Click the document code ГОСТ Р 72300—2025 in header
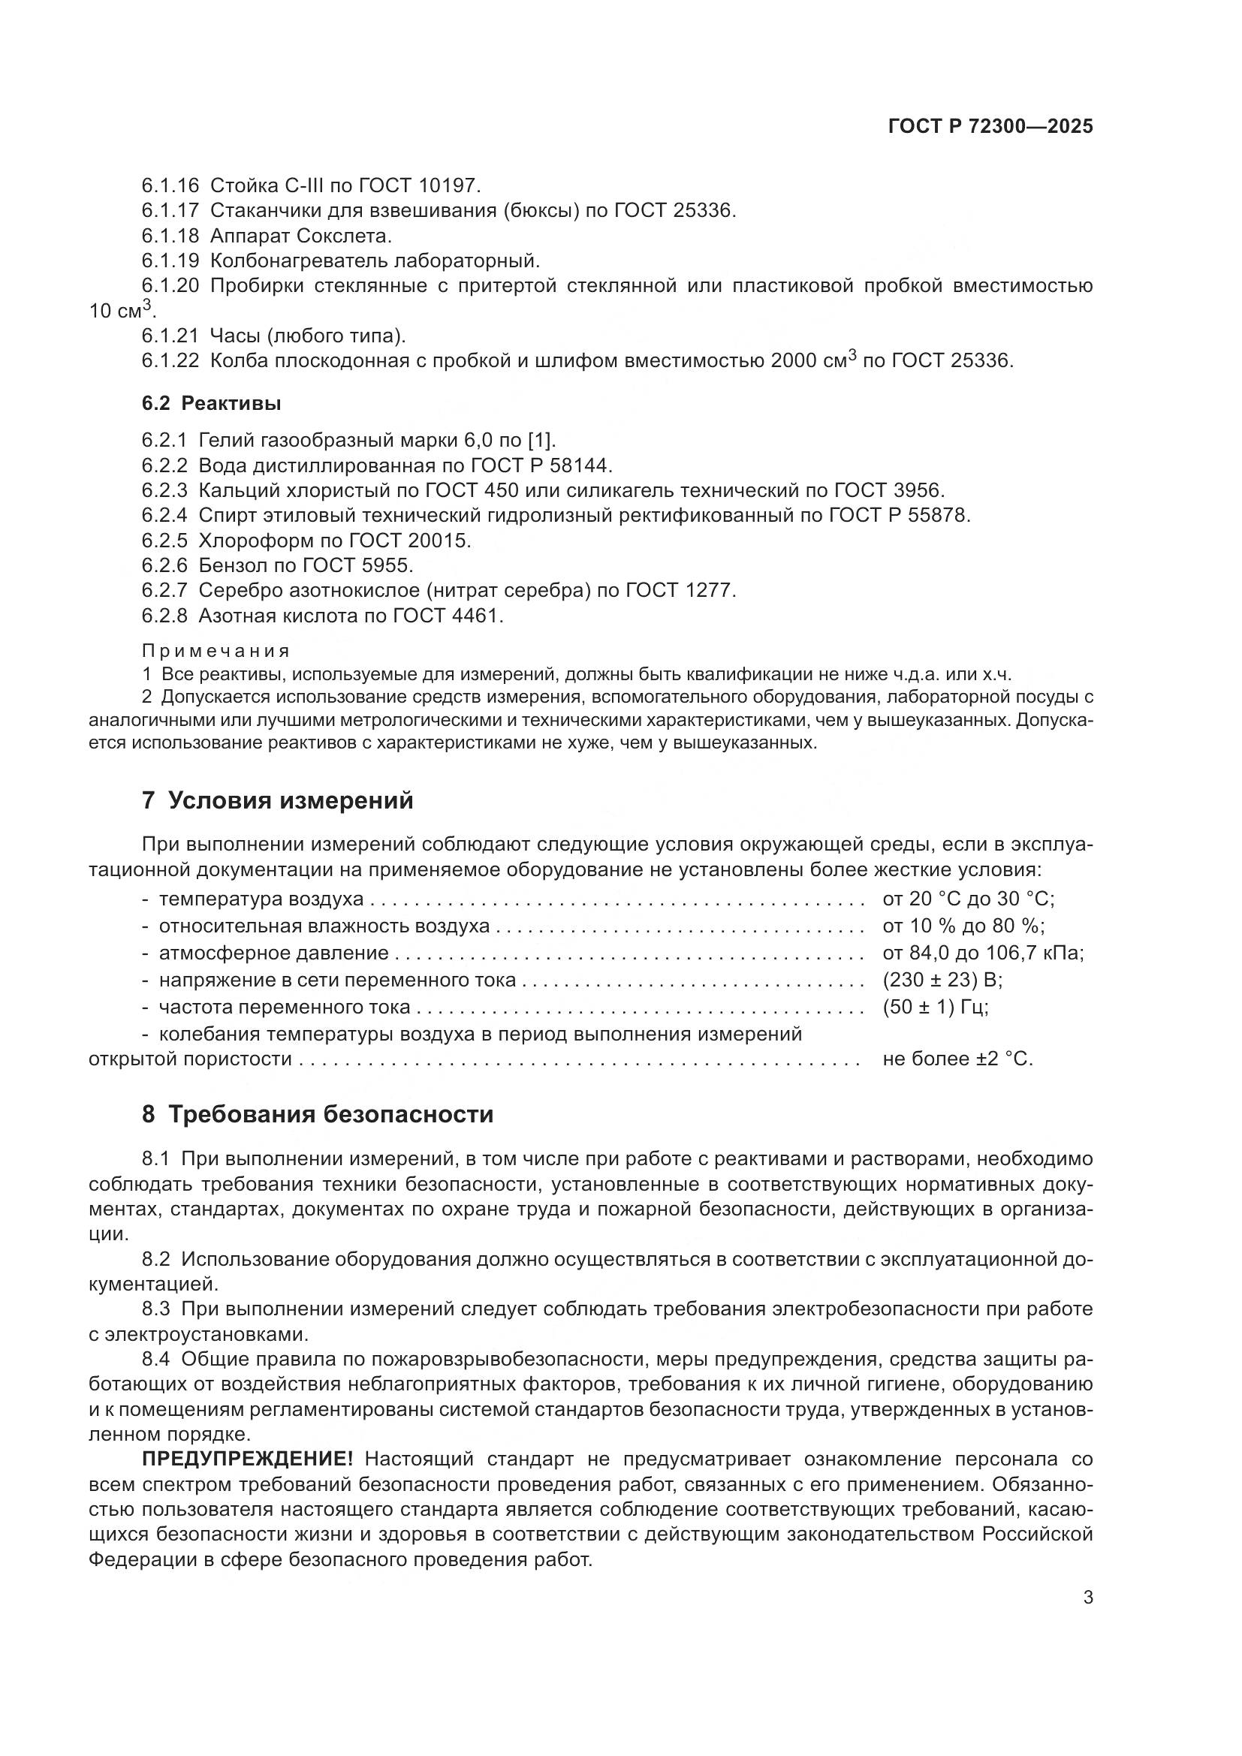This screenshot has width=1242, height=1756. [990, 127]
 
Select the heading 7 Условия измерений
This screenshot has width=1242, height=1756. [278, 801]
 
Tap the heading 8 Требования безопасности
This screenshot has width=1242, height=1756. [318, 1114]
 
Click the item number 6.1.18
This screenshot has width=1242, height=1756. [170, 236]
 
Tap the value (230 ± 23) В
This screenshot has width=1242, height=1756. [942, 980]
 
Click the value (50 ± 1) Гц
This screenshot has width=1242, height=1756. [936, 1007]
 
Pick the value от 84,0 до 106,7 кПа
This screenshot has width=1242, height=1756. [984, 953]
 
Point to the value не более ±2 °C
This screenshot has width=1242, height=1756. [957, 1059]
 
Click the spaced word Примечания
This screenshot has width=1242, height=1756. [216, 651]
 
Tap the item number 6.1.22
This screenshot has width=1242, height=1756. [170, 360]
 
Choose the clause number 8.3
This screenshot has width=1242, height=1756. [155, 1309]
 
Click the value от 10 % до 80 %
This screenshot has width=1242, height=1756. [963, 926]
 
